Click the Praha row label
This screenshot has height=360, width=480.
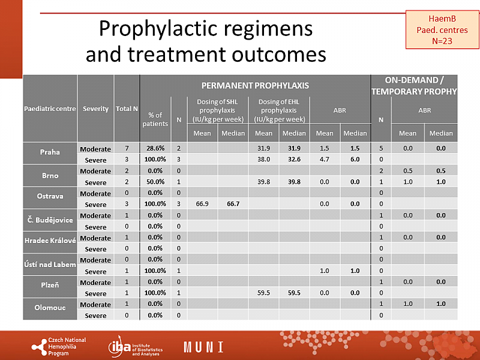pyautogui.click(x=50, y=152)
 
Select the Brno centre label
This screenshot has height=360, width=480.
pyautogui.click(x=50, y=176)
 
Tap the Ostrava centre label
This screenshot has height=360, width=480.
pyautogui.click(x=50, y=197)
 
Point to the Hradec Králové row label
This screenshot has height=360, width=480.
pyautogui.click(x=50, y=242)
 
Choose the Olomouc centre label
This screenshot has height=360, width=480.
pyautogui.click(x=50, y=309)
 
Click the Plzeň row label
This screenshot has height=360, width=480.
pyautogui.click(x=50, y=287)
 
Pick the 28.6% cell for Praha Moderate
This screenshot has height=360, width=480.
pyautogui.click(x=155, y=148)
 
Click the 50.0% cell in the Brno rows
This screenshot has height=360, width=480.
pyautogui.click(x=155, y=182)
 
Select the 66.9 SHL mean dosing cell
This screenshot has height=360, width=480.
pyautogui.click(x=202, y=205)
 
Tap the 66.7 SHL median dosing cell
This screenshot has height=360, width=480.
pyautogui.click(x=233, y=205)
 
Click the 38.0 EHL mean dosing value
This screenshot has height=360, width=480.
pyautogui.click(x=264, y=160)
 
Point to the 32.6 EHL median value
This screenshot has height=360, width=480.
pyautogui.click(x=294, y=160)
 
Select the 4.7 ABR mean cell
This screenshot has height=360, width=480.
pyautogui.click(x=325, y=160)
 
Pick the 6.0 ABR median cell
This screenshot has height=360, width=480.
pyautogui.click(x=355, y=160)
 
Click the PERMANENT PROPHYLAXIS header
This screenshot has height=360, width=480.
pyautogui.click(x=255, y=85)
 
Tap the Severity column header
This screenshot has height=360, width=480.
pyautogui.click(x=96, y=109)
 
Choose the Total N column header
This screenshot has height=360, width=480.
pyautogui.click(x=127, y=109)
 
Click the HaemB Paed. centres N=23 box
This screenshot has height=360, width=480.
pyautogui.click(x=442, y=30)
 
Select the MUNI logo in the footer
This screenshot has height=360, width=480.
pyautogui.click(x=203, y=347)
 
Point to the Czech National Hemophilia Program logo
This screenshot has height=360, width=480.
pyautogui.click(x=59, y=346)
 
